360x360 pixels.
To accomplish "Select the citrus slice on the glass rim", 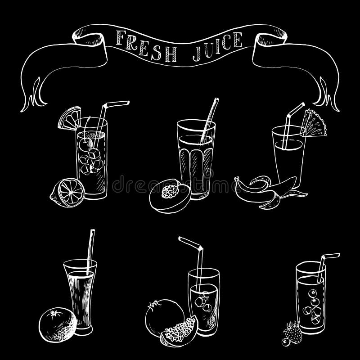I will pos(69,118).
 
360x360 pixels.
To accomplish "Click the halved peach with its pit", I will pos(169,195).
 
